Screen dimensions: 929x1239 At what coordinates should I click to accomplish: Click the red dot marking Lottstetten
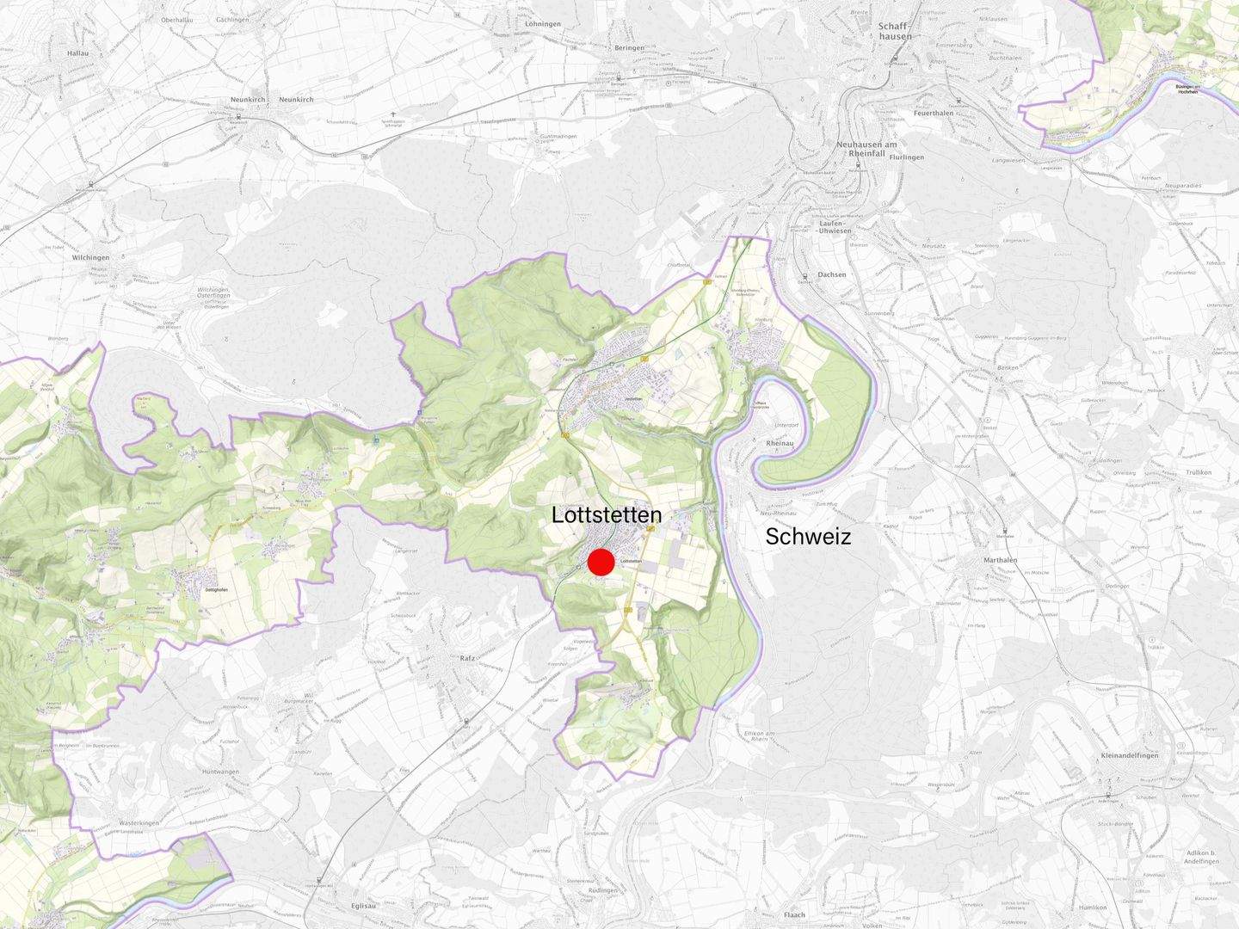[601, 562]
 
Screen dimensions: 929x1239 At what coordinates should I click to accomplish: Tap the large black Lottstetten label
[607, 515]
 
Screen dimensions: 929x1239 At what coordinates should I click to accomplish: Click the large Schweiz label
[808, 537]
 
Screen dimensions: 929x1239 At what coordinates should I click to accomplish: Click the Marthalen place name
[1001, 560]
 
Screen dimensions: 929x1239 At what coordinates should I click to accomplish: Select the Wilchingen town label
[91, 257]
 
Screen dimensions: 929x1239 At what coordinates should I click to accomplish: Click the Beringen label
[629, 48]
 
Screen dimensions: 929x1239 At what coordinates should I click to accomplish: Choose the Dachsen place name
[832, 274]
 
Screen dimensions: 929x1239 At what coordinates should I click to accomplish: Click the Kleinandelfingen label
[1130, 755]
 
